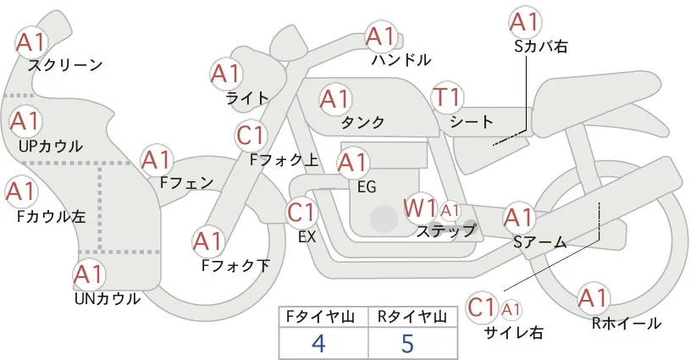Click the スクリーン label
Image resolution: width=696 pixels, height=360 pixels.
click(65, 64)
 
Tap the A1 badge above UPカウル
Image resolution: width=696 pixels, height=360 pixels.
click(25, 122)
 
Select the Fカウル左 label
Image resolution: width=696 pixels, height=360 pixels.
click(51, 216)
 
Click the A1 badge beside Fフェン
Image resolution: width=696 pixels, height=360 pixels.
click(156, 160)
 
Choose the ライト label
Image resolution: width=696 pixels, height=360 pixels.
click(247, 97)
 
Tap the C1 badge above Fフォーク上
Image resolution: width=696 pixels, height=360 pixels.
click(252, 135)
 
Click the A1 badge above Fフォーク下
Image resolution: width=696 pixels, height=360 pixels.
click(207, 242)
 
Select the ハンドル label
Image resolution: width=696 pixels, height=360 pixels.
click(401, 60)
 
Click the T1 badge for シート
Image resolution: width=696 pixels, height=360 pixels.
click(446, 97)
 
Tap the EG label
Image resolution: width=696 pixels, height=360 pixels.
click(367, 186)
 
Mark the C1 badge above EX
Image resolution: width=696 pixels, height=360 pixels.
click(302, 212)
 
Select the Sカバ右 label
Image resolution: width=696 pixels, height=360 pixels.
click(540, 47)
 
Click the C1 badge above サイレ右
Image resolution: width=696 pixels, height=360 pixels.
click(483, 307)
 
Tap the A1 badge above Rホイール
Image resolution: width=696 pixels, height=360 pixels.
click(593, 299)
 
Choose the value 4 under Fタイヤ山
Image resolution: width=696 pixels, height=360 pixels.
click(318, 343)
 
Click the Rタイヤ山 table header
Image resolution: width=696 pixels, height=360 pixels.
click(412, 317)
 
